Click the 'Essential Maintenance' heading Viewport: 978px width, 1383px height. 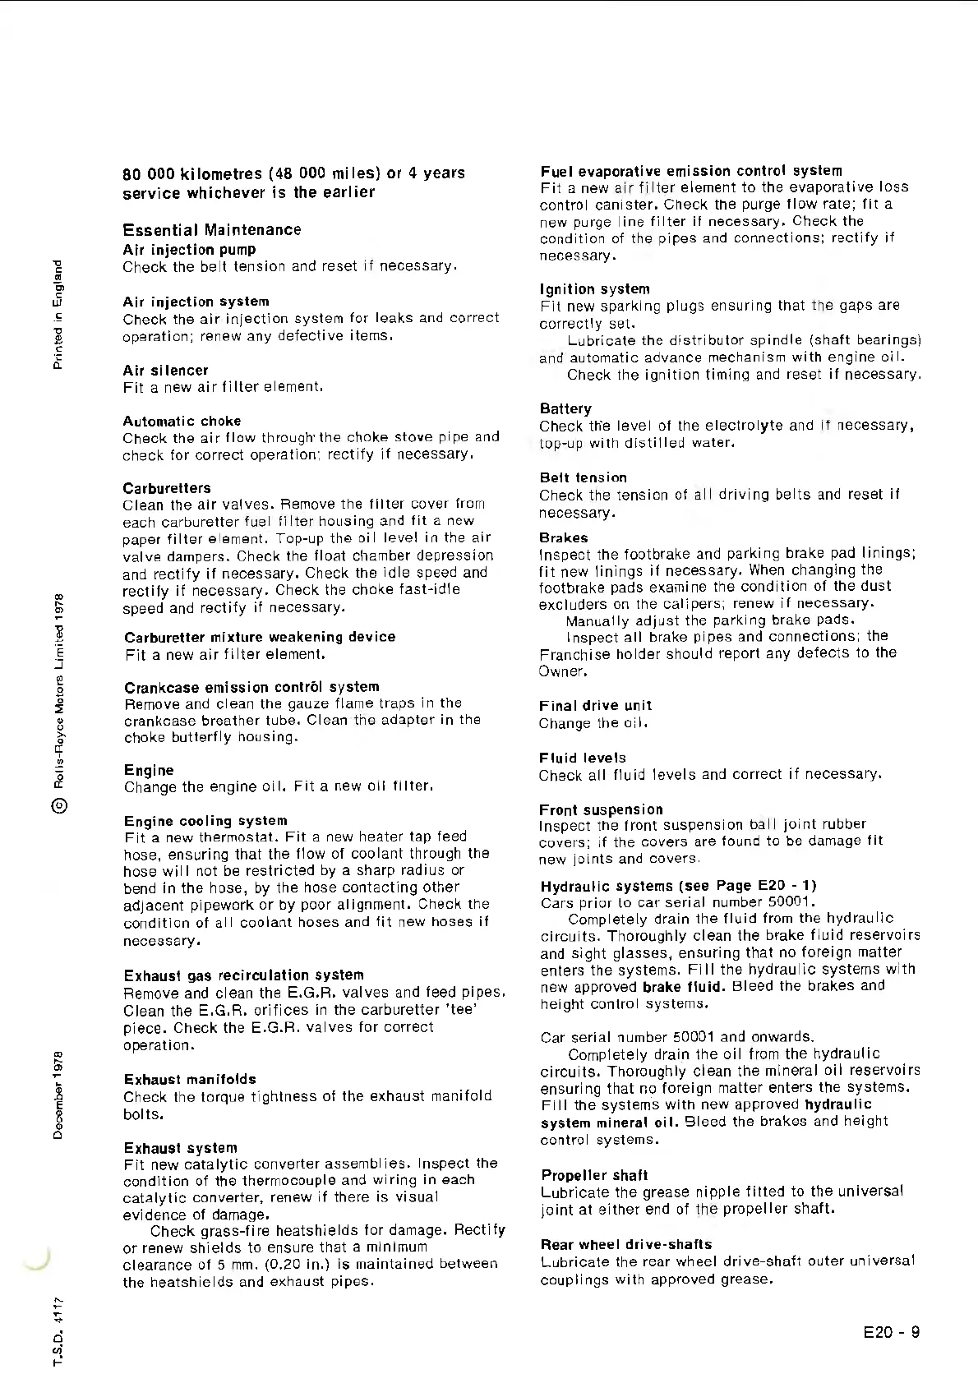212,230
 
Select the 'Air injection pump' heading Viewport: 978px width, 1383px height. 189,249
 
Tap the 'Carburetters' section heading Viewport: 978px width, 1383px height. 167,488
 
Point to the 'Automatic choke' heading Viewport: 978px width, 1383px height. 182,421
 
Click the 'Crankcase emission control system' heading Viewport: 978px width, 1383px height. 251,687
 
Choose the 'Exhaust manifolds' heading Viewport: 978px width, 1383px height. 190,1079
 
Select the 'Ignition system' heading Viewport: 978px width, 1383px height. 594,289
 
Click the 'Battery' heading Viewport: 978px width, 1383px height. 565,408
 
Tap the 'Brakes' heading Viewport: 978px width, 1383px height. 564,537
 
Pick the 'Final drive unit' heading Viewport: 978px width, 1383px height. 595,705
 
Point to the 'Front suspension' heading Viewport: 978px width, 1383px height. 601,809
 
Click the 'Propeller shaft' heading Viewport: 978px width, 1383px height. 594,1175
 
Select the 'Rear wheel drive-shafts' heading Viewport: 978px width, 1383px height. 626,1244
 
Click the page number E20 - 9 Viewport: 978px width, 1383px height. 892,1332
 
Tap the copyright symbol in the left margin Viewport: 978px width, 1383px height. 59,806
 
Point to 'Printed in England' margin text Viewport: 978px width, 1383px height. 58,314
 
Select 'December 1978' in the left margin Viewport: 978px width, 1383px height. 58,1095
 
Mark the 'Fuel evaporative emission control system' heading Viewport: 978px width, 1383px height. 691,171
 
